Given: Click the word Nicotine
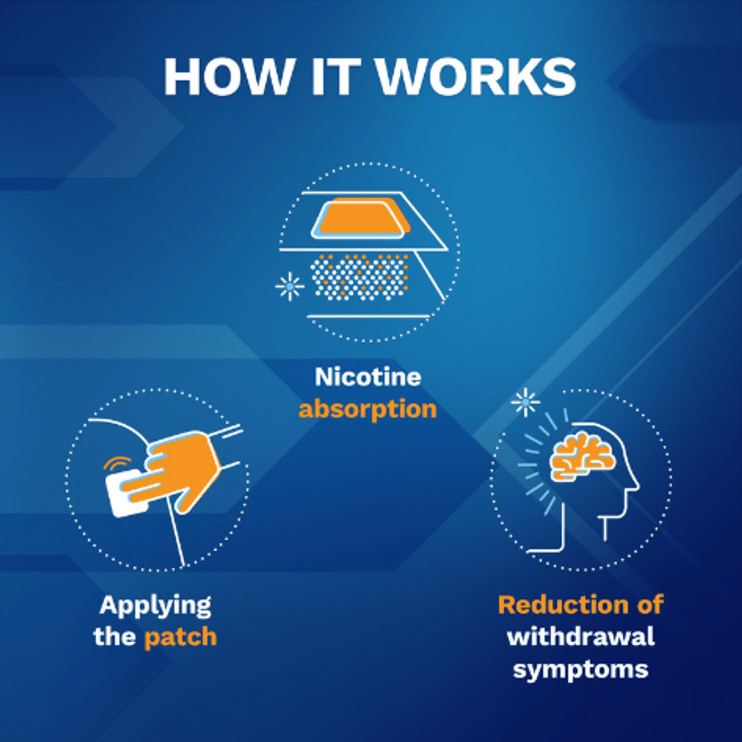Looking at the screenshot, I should [368, 377].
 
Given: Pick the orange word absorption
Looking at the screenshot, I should [368, 409].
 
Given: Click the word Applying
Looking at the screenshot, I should [155, 606].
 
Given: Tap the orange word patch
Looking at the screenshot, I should [180, 637].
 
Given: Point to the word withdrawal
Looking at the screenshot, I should [581, 637].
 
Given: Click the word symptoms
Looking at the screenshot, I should [581, 670].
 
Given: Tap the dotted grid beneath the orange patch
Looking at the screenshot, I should [359, 277].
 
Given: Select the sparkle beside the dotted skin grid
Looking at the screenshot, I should [289, 286].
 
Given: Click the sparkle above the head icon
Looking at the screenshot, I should [526, 402].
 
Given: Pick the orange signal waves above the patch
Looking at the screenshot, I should [118, 464].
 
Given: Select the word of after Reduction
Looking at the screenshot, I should [650, 605].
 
